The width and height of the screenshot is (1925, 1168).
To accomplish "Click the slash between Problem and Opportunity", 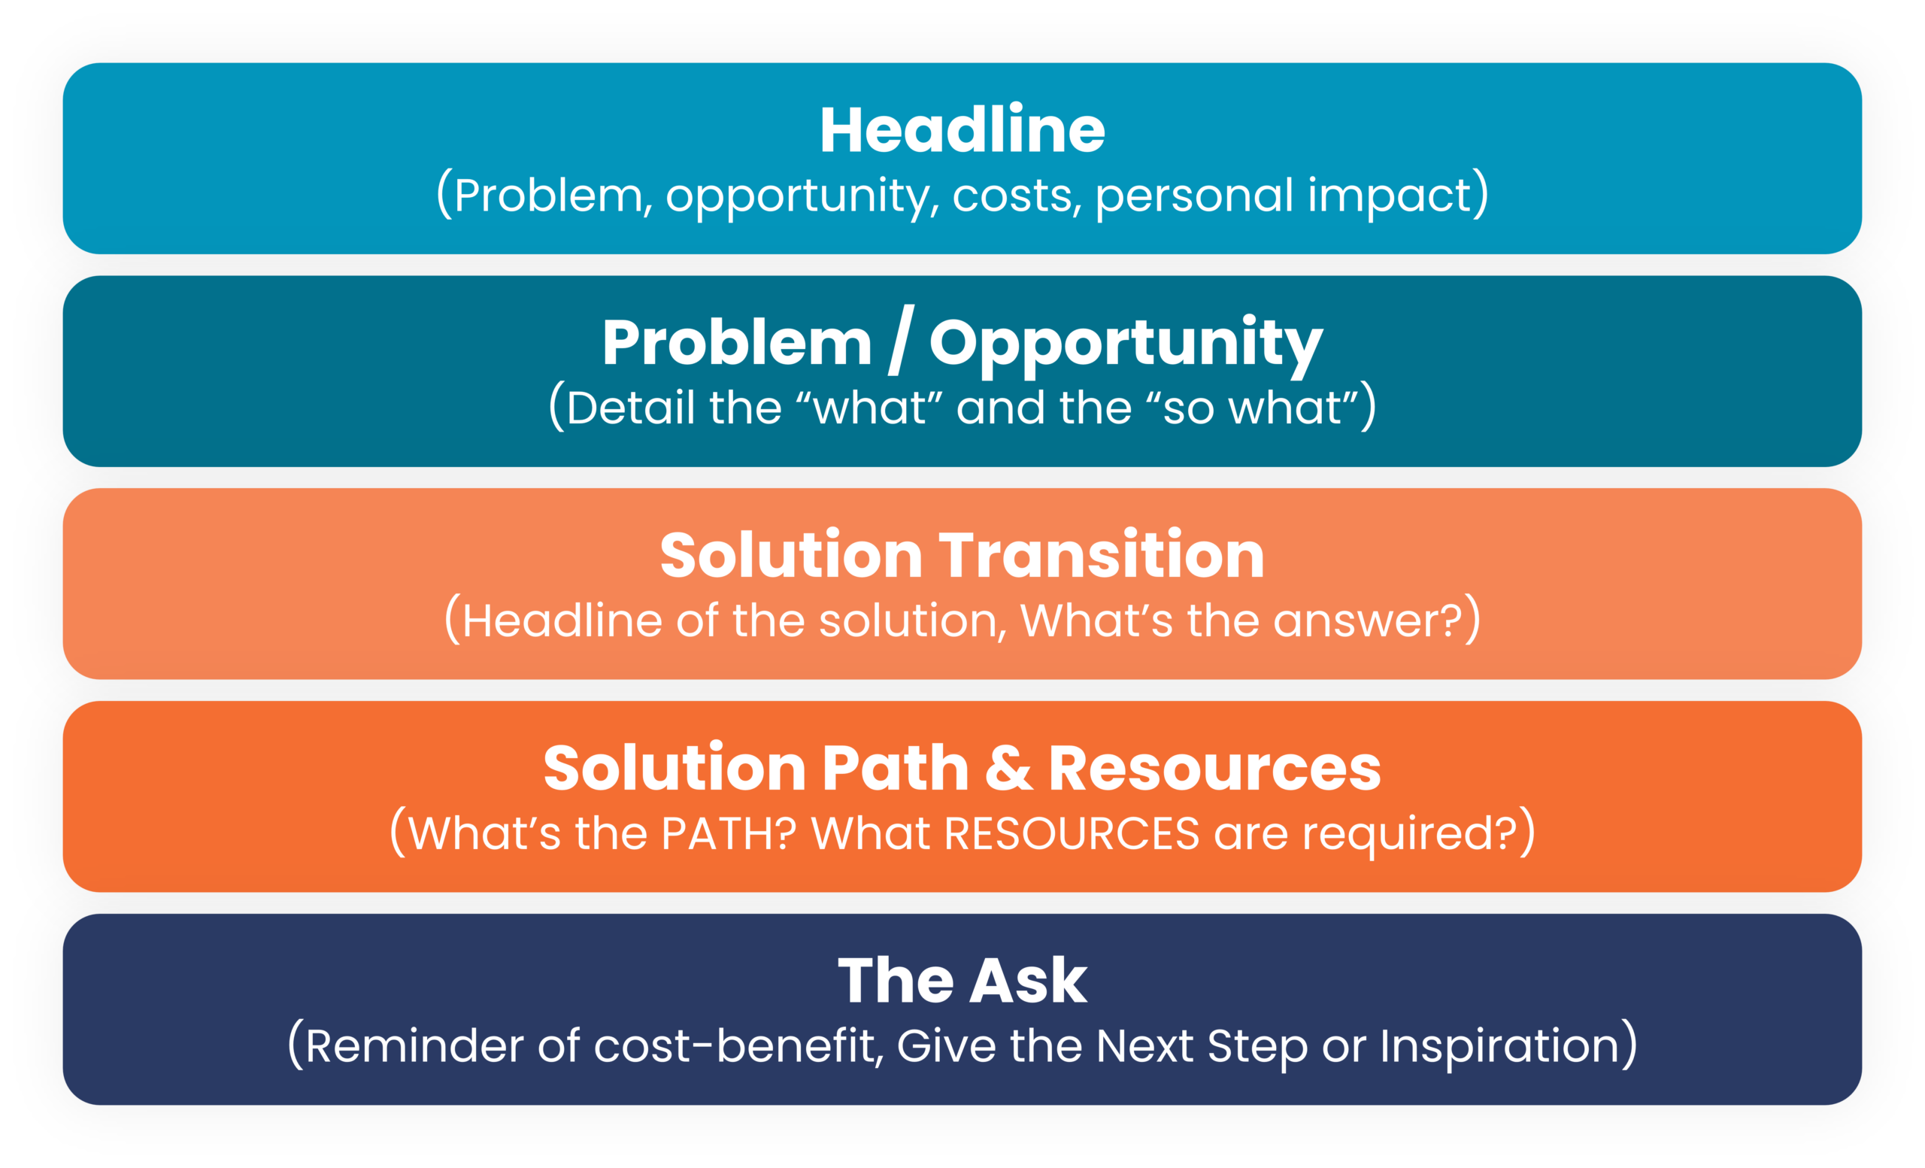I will coord(900,341).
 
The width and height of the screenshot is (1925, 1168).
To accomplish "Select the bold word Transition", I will coord(1101,556).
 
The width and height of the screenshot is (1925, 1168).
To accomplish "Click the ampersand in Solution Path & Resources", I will coord(1008,769).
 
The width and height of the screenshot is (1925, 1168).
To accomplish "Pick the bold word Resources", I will coord(1214,769).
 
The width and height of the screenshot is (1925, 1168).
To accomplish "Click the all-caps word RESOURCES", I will coord(1071,833).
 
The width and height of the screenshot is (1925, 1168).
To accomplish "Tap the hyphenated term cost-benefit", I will coord(738,1047).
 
